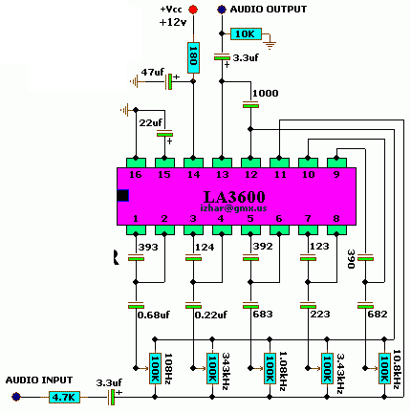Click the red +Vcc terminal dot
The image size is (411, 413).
193,10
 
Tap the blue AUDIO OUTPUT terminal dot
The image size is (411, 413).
222,10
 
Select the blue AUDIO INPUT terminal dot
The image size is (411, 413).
16,397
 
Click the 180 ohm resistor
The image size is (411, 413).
193,57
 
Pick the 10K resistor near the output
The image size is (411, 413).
246,33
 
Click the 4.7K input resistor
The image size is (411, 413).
64,397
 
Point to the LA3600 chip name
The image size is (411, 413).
234,197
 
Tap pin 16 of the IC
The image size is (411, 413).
136,163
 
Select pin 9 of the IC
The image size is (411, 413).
336,163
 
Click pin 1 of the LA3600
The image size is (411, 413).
136,229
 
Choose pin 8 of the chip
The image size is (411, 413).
336,229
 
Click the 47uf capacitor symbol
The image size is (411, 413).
168,81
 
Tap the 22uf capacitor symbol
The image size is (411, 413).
164,133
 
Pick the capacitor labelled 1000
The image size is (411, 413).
250,104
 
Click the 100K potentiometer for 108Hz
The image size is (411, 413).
155,368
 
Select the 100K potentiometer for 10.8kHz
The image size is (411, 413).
384,368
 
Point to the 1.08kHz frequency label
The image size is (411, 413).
283,371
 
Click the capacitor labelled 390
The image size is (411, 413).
365,258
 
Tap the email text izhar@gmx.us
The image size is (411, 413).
233,208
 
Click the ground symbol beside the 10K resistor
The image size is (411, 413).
270,45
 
